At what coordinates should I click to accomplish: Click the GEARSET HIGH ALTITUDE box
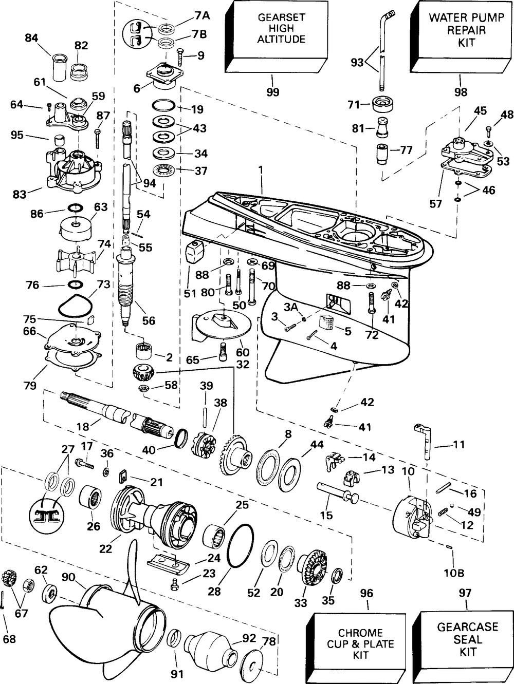click(281, 29)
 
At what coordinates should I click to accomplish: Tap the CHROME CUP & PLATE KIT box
click(360, 644)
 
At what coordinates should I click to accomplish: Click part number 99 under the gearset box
click(273, 92)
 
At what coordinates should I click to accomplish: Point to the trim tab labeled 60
click(221, 322)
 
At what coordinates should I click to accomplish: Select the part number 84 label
click(32, 38)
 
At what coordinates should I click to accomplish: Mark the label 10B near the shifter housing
click(454, 572)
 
